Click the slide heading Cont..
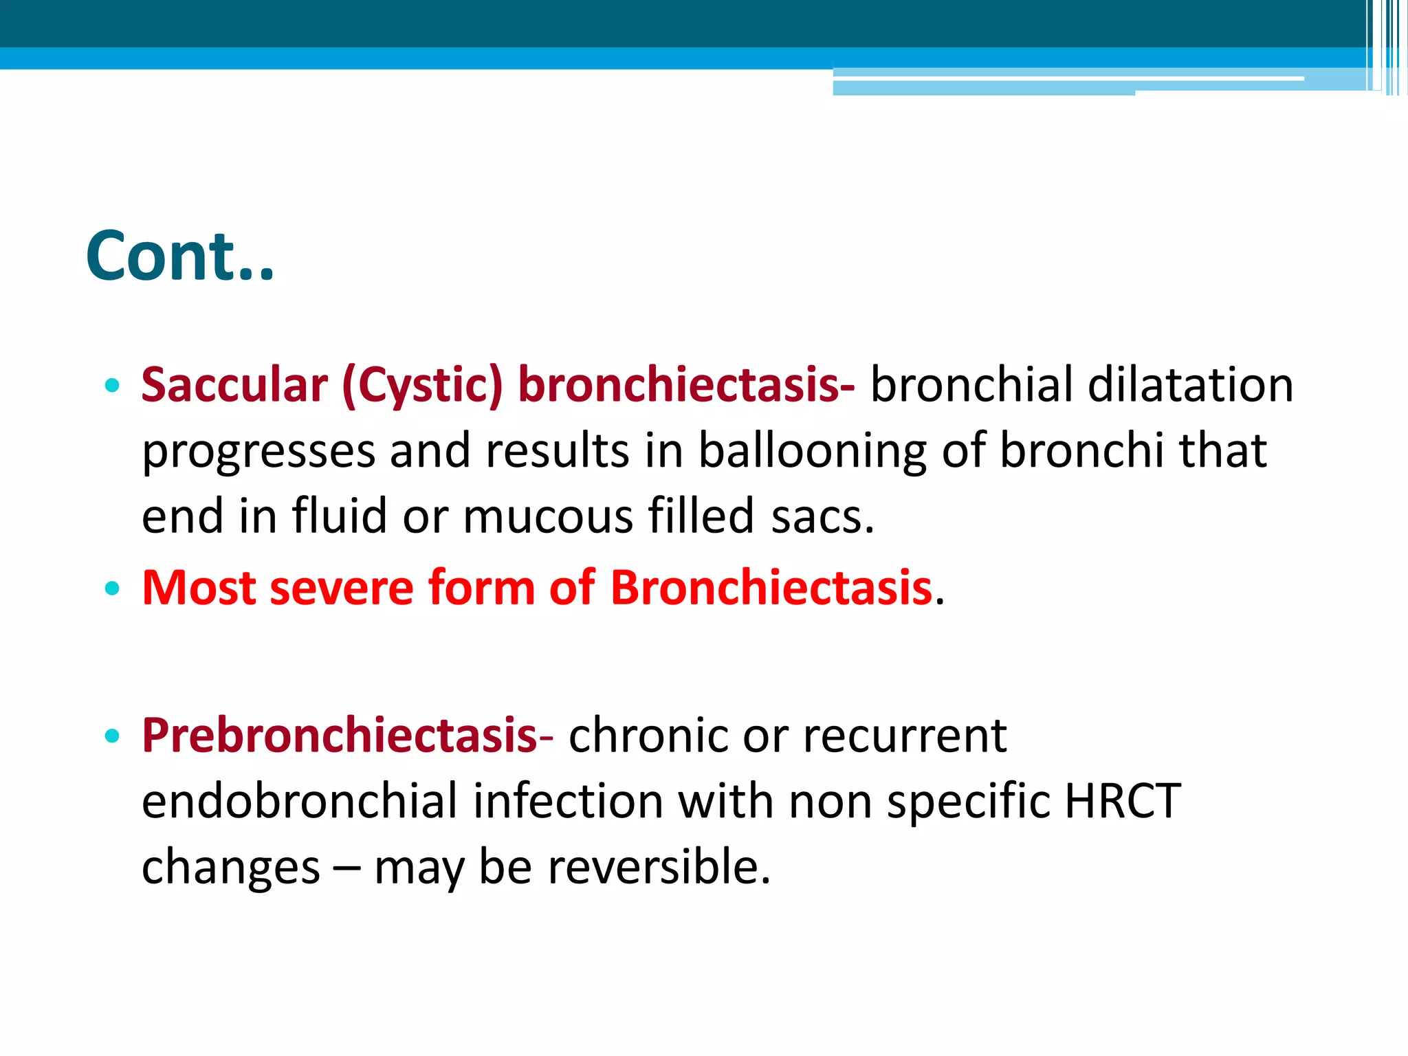180,256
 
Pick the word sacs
822,516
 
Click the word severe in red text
341,588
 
